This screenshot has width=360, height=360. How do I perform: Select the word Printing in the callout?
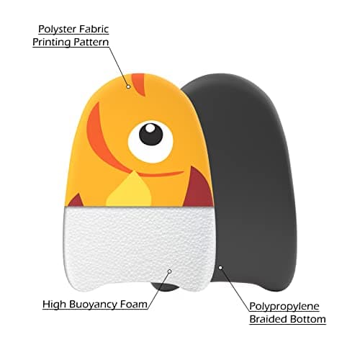(x=52, y=42)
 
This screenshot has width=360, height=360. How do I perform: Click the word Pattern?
(x=91, y=42)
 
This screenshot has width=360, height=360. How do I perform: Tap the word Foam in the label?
(x=134, y=304)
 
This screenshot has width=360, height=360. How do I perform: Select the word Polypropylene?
(x=284, y=307)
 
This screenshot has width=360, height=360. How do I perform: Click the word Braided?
(x=268, y=319)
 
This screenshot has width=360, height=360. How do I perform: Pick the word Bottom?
(x=308, y=319)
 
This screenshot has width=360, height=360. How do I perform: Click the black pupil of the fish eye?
(x=151, y=134)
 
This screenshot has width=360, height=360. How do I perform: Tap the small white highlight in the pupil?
(x=150, y=128)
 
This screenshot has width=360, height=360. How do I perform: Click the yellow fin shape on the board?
(x=130, y=191)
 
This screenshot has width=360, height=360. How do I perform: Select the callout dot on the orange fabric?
(x=128, y=86)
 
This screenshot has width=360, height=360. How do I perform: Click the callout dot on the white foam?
(x=169, y=271)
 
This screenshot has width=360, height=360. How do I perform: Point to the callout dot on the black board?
(x=220, y=267)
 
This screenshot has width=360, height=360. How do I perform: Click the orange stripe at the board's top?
(x=139, y=84)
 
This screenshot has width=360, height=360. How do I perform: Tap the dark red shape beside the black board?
(x=199, y=188)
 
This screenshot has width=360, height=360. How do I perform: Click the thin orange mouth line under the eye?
(x=161, y=174)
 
